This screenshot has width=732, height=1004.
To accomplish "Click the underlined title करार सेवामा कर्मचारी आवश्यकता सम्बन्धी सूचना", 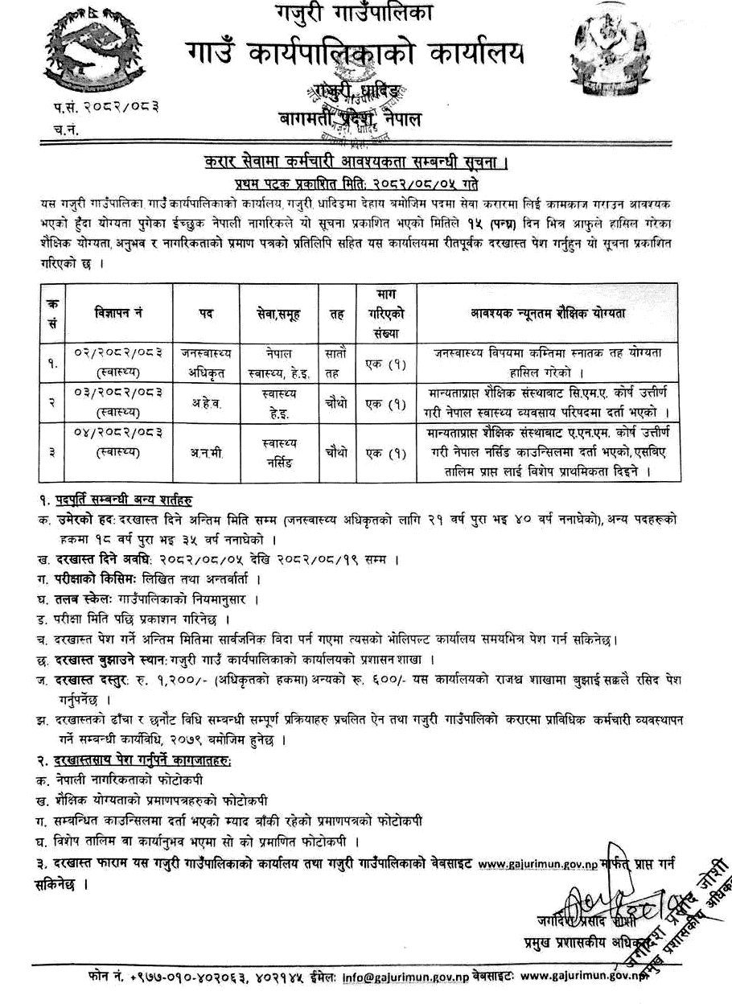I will (x=357, y=164).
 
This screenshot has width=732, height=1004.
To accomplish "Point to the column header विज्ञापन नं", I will (x=118, y=311).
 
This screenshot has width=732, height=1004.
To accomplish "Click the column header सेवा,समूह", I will (x=280, y=312).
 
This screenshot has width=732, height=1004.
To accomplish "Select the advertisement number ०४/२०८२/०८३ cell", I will (x=117, y=442).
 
